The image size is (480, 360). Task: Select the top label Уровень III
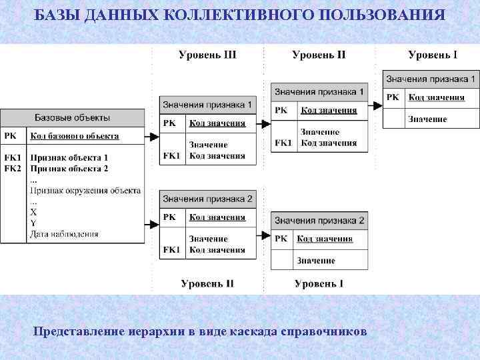pyautogui.click(x=207, y=55)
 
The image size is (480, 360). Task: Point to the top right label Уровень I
pyautogui.click(x=433, y=55)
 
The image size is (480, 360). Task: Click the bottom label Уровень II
pyautogui.click(x=207, y=283)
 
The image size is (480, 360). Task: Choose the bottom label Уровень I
pyautogui.click(x=319, y=283)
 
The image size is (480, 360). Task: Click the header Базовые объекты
pyautogui.click(x=72, y=117)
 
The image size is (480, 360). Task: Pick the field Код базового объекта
pyautogui.click(x=74, y=136)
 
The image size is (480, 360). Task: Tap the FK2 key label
pyautogui.click(x=13, y=168)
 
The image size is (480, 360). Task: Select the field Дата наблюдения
pyautogui.click(x=64, y=234)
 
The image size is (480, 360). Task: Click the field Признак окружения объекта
pyautogui.click(x=85, y=190)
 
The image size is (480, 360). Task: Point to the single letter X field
pyautogui.click(x=33, y=211)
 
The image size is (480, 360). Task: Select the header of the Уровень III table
pyautogui.click(x=207, y=105)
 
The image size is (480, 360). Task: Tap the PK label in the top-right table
pyautogui.click(x=393, y=97)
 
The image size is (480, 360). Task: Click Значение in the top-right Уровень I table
pyautogui.click(x=427, y=119)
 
